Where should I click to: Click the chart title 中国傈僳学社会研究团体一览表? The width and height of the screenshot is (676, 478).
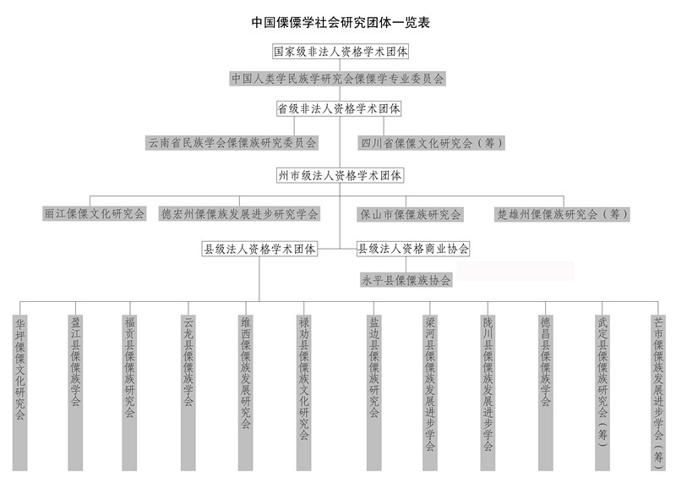coord(341,23)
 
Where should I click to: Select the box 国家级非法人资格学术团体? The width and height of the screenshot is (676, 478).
coord(341,52)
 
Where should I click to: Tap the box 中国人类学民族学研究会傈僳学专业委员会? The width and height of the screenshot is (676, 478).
coord(337,79)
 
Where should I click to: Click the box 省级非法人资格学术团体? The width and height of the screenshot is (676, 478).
coord(339,108)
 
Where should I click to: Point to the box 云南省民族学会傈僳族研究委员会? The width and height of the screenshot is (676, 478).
coord(232,143)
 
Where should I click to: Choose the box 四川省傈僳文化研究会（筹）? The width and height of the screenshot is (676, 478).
coord(432,143)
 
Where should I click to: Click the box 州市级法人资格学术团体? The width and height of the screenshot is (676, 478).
coord(340,175)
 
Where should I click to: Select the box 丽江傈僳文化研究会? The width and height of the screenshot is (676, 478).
coord(95,214)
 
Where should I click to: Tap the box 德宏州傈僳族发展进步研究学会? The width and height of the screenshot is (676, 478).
coord(240,214)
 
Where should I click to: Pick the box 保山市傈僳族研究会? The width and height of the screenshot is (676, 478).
coord(411,214)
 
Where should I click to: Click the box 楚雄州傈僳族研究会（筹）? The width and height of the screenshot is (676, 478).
coord(562,214)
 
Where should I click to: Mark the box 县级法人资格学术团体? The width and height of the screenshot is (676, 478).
coord(259,249)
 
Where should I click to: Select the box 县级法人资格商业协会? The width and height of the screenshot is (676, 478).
coord(413,249)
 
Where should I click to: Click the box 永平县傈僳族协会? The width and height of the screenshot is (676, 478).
coord(406,280)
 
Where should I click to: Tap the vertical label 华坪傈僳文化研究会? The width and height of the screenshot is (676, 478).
coord(19,393)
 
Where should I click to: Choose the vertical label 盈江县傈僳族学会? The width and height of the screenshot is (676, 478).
coord(75,393)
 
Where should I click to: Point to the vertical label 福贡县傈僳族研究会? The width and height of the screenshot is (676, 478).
coord(130,393)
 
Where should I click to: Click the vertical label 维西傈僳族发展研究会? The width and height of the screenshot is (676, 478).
coord(246,393)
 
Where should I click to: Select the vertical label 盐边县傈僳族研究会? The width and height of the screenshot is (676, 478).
coord(373,393)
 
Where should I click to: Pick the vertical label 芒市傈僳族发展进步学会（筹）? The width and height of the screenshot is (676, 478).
coord(658,393)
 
